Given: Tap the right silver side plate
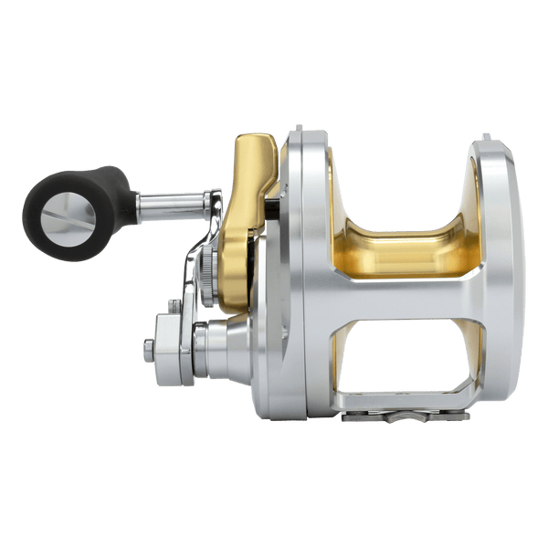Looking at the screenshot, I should [502, 274].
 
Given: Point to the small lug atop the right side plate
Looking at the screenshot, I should [485, 137].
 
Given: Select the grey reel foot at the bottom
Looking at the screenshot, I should [411, 416].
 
